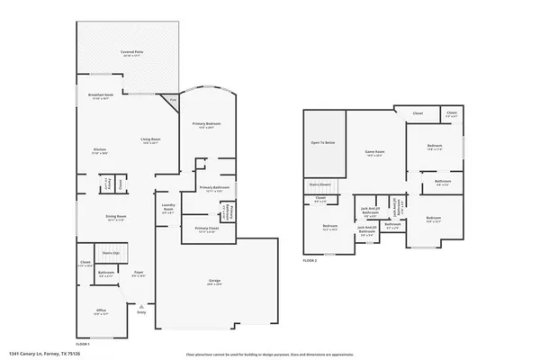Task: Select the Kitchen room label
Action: pyautogui.click(x=100, y=150)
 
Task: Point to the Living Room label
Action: pyautogui.click(x=149, y=140)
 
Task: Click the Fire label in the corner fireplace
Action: pyautogui.click(x=173, y=99)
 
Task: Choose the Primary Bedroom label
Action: pyautogui.click(x=207, y=124)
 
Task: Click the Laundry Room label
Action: pyautogui.click(x=167, y=208)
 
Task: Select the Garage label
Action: pyautogui.click(x=214, y=282)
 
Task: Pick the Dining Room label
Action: pyautogui.click(x=116, y=217)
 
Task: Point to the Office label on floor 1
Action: pyautogui.click(x=101, y=310)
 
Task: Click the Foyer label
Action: pyautogui.click(x=139, y=273)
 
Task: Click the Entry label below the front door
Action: pyautogui.click(x=140, y=313)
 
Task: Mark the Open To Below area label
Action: pyautogui.click(x=323, y=143)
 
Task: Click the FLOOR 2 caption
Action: pyautogui.click(x=310, y=259)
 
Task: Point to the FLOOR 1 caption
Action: pyautogui.click(x=83, y=345)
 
